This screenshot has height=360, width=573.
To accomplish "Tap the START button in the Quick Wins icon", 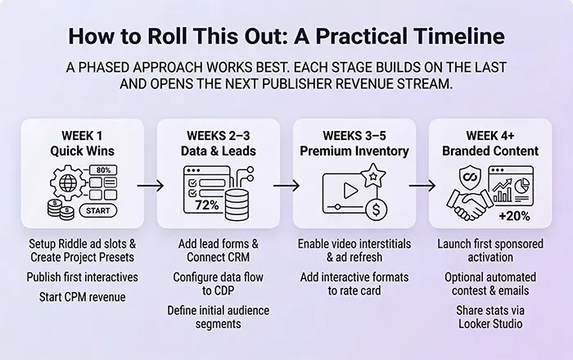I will click(x=97, y=210).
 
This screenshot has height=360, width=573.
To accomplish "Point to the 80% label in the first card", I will click(x=103, y=170).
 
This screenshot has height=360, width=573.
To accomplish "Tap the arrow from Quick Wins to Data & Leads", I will click(x=150, y=186).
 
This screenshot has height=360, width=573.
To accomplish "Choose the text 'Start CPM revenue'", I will click(x=83, y=296).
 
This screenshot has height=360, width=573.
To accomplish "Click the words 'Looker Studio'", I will click(x=490, y=324).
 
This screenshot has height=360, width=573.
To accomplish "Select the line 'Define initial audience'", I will click(x=218, y=310).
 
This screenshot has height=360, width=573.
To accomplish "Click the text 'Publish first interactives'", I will click(x=83, y=277).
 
